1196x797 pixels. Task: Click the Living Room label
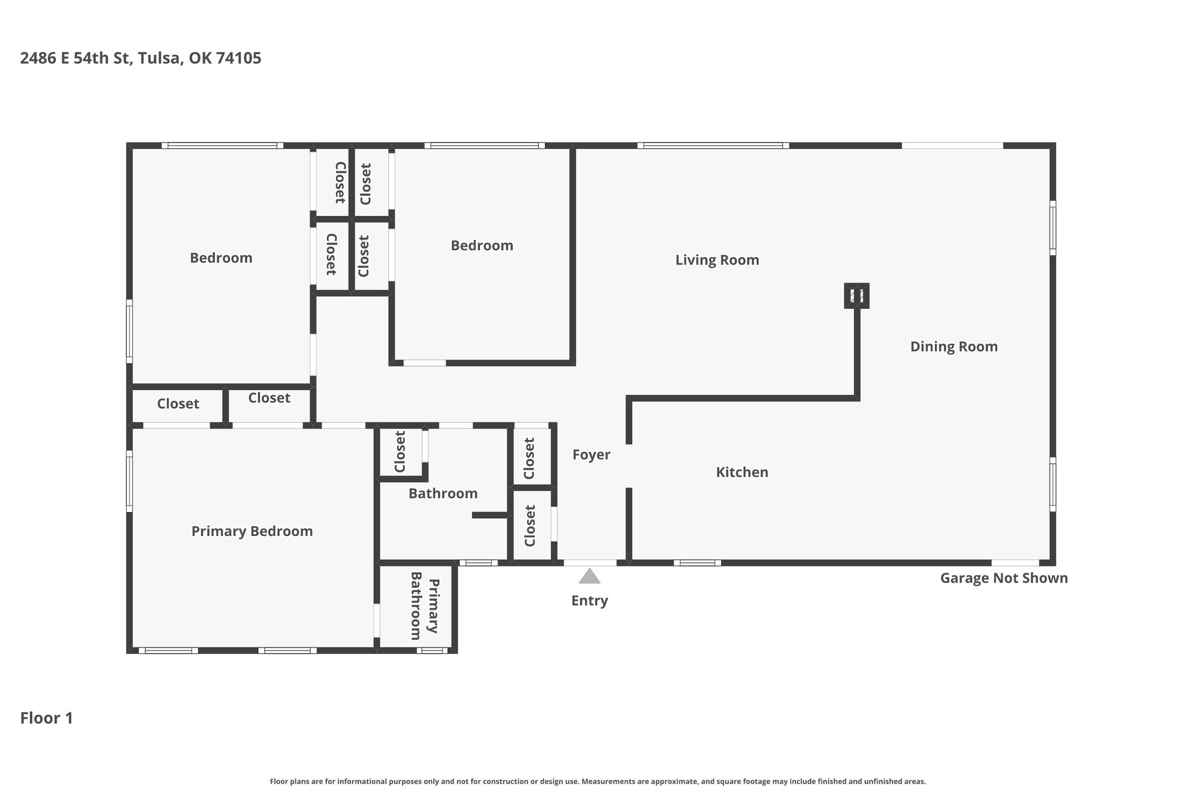[717, 260]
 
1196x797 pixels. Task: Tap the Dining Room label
[954, 347]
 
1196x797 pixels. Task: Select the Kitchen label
[742, 472]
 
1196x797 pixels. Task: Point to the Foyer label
[591, 455]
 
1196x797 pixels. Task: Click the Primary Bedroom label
[252, 531]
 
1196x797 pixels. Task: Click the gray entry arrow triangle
[590, 576]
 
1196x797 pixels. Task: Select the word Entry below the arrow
[590, 601]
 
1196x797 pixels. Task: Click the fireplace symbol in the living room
[857, 295]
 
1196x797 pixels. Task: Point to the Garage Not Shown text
[1004, 578]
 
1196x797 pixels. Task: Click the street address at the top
[141, 58]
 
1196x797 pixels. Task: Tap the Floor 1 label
[47, 718]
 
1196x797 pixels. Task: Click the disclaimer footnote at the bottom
[598, 781]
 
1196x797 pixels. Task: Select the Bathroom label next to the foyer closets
[443, 493]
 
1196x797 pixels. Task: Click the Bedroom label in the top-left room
[221, 258]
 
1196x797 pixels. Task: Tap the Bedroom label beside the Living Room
[482, 246]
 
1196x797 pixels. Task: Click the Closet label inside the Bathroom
[400, 451]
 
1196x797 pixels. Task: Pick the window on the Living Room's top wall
[713, 145]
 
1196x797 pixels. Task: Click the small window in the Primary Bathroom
[432, 650]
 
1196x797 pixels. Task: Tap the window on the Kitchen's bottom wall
[697, 563]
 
